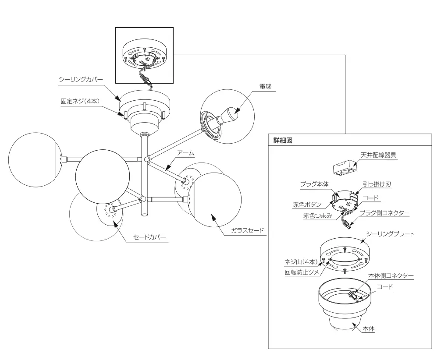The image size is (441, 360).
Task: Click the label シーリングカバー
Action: [x=81, y=79]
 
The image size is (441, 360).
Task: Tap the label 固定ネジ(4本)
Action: [x=80, y=101]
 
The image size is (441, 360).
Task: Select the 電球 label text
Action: [x=265, y=86]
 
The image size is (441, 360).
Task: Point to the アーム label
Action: [x=185, y=153]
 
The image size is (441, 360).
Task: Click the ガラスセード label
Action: [x=248, y=230]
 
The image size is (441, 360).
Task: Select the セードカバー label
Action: [x=149, y=237]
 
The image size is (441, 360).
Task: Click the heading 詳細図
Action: [x=283, y=141]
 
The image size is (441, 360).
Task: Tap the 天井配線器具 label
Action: [x=379, y=155]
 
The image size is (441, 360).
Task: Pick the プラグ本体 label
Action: [x=314, y=184]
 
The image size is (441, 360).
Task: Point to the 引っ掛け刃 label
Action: [x=377, y=184]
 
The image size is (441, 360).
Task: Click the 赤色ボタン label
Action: [x=307, y=205]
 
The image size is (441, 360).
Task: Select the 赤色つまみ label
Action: [x=317, y=216]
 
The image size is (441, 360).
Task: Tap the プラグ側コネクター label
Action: [x=385, y=213]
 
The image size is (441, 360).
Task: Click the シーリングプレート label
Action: [x=391, y=234]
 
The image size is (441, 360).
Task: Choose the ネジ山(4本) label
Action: [x=301, y=261]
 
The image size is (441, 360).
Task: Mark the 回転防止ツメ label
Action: [x=302, y=272]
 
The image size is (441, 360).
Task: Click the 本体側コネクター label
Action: [x=391, y=275]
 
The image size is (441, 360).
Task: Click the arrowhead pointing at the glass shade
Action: [x=213, y=217]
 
